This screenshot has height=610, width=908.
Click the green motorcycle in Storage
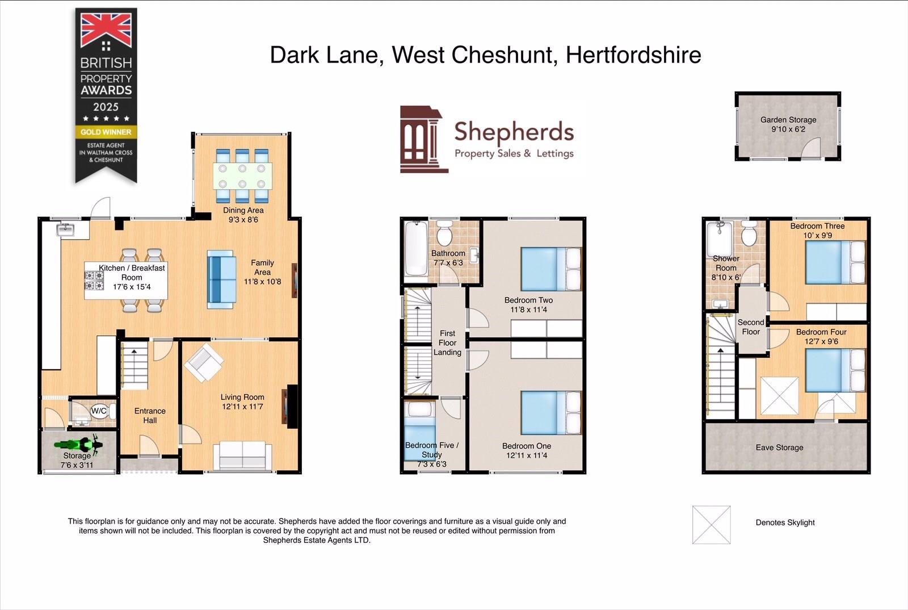[78, 445]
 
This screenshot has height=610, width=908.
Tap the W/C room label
[99, 411]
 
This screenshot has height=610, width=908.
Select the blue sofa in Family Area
[221, 279]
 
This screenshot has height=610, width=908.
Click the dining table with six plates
[242, 176]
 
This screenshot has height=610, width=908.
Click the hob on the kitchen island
[94, 280]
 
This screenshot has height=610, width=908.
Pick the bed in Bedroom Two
[551, 269]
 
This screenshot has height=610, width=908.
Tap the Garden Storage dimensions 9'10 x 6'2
[788, 129]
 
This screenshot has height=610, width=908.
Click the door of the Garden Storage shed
[810, 148]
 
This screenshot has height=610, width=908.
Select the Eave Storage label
[779, 448]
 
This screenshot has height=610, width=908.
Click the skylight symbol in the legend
[711, 525]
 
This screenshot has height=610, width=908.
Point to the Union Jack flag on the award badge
[106, 31]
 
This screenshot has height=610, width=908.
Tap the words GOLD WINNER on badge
[106, 132]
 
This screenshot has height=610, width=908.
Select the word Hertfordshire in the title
[633, 55]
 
